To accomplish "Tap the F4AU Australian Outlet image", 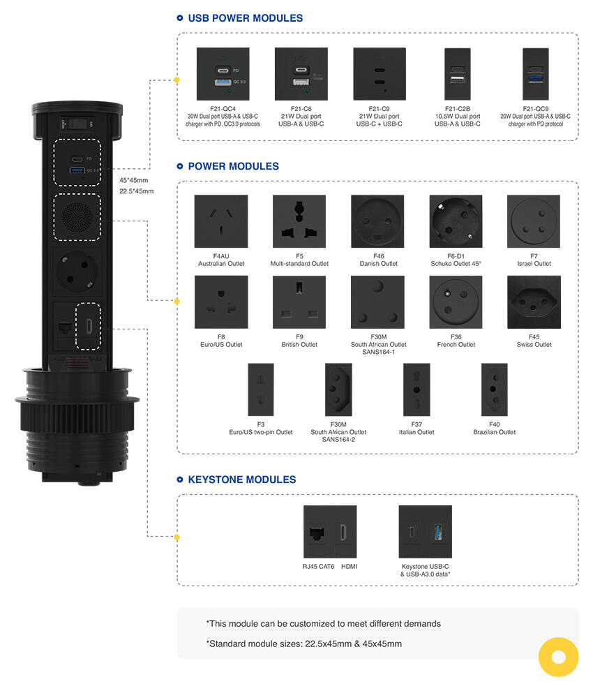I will point(220,221).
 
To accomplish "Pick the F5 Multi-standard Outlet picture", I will point(299,221).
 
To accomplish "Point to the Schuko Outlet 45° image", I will point(456,221).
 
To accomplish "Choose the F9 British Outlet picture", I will point(299,302).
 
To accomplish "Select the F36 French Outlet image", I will point(456,302).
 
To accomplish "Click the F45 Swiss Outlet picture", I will point(534,302).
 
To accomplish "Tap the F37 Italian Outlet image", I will point(416,389).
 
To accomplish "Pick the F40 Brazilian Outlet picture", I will point(494,389).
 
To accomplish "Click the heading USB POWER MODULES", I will point(246,18).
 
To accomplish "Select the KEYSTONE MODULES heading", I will point(241,480).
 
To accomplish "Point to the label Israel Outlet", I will point(534,264).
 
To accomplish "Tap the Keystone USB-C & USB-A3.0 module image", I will point(425,532).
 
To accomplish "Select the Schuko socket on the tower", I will point(77,275).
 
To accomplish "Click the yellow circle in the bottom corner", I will point(558,657).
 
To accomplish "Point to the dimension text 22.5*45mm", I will point(137,191).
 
